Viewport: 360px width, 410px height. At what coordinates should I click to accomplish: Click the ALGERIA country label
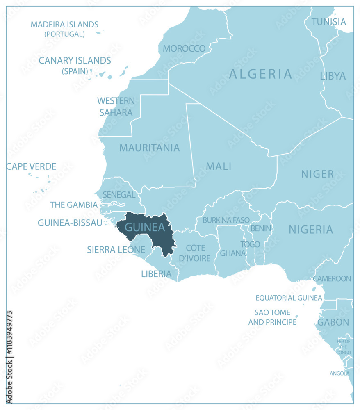(261, 74)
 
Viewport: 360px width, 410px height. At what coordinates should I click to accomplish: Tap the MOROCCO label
(184, 48)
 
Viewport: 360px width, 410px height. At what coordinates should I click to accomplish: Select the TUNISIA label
(328, 22)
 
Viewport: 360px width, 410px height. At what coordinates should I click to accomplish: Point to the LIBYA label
(333, 76)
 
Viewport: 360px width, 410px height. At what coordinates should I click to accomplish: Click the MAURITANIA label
(149, 148)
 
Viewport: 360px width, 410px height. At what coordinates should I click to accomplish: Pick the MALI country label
(219, 166)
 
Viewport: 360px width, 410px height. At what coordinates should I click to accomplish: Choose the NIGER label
(317, 174)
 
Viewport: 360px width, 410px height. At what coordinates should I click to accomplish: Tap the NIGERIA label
(311, 230)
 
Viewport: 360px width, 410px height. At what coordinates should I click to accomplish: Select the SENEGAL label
(119, 195)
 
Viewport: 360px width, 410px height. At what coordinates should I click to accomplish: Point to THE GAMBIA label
(74, 205)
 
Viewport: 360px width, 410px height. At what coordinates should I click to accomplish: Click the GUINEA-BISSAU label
(70, 223)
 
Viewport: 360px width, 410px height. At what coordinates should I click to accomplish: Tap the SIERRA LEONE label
(116, 249)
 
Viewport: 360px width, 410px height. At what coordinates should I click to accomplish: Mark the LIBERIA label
(156, 274)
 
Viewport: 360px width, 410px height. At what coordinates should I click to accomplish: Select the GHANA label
(232, 253)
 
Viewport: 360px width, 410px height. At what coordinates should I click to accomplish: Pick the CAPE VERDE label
(31, 166)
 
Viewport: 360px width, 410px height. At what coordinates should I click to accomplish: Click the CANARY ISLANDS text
(75, 61)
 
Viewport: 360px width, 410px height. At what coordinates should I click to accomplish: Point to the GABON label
(333, 322)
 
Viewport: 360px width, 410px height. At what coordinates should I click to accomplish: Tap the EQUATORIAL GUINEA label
(289, 298)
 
